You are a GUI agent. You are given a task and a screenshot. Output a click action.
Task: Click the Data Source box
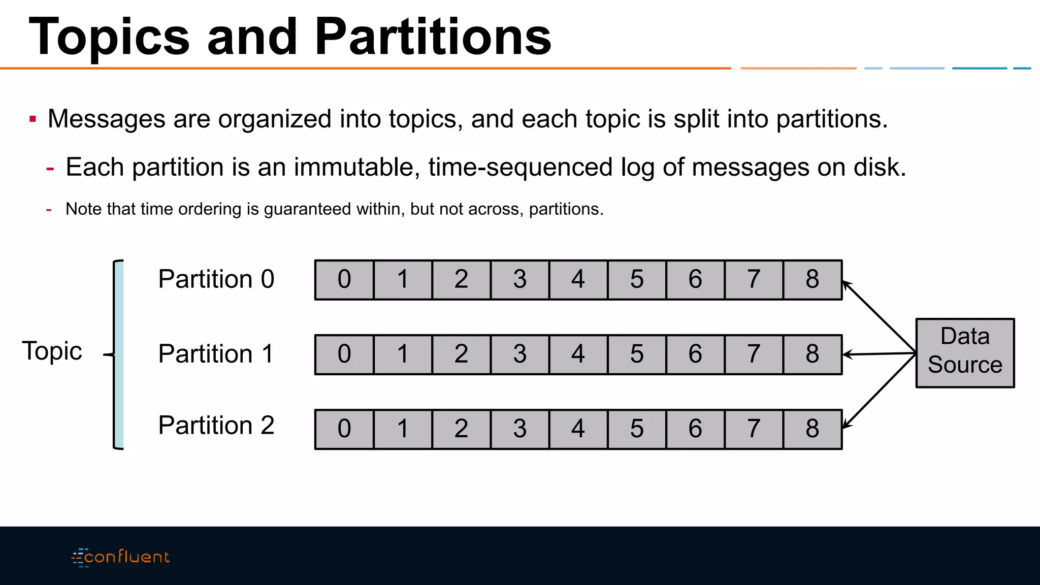coord(965,353)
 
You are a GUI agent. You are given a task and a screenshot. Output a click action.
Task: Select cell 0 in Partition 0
coord(344,280)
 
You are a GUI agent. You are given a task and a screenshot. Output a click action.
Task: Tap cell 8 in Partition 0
coord(812,280)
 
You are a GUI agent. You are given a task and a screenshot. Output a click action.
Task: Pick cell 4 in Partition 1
coord(578,354)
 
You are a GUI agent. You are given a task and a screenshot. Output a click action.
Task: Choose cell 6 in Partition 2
coord(695,429)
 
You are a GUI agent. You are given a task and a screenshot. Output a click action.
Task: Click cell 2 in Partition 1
coord(461,354)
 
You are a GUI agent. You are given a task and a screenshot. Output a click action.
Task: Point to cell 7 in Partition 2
coord(754,429)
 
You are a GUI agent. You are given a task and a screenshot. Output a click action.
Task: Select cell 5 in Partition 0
coord(637,280)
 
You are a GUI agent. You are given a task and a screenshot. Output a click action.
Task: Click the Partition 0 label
coord(216,279)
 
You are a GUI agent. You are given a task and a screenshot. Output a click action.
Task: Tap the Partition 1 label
coord(216,354)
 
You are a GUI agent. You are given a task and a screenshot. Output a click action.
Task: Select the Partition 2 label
coord(216,426)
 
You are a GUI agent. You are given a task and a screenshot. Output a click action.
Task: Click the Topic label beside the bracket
coord(52,351)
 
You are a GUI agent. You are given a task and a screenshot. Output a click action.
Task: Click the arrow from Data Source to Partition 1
coord(879,354)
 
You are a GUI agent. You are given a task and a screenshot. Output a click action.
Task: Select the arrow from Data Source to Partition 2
coord(879,391)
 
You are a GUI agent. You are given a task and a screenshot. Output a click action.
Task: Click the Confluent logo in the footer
coord(121,557)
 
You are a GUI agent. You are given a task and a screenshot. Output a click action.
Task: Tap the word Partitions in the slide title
coord(433,37)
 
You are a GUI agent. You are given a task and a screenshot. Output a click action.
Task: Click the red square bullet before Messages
coord(33,119)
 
